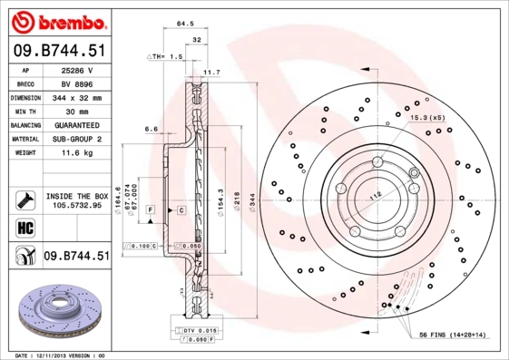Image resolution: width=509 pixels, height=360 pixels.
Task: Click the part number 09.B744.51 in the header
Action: pos(57,52)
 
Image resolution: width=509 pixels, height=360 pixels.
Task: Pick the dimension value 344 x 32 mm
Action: pos(75,97)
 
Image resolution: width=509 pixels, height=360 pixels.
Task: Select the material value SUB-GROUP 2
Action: pos(75,139)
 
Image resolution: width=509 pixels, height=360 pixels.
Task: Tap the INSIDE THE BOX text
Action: pos(75,196)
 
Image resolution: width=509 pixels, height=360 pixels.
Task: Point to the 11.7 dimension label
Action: pos(211,72)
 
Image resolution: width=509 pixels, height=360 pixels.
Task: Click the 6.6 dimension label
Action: pos(152,129)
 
